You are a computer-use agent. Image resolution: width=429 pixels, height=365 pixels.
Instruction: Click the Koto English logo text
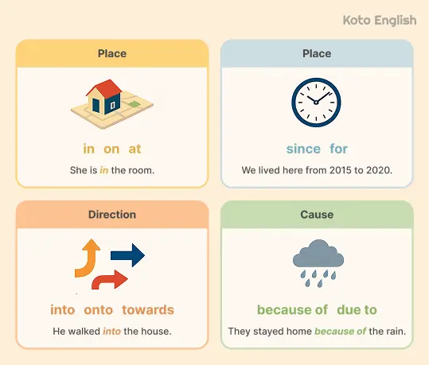[379, 20]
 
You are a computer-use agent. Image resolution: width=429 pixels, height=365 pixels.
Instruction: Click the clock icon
[317, 103]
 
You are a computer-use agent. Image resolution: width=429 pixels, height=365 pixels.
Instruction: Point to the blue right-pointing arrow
[127, 255]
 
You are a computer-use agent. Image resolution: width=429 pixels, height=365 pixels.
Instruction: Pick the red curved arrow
[110, 279]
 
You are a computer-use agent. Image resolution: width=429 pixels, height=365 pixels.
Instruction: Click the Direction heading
[111, 215]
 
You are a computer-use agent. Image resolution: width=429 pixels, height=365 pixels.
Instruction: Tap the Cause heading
[317, 215]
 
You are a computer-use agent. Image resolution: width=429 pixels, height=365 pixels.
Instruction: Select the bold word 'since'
[303, 149]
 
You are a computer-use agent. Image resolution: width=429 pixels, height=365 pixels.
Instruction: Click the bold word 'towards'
[149, 309]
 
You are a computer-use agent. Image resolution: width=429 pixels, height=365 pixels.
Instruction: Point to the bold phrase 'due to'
[357, 309]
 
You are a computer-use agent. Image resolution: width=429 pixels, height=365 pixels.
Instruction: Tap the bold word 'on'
[111, 149]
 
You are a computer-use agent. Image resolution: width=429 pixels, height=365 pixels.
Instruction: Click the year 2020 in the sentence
[377, 170]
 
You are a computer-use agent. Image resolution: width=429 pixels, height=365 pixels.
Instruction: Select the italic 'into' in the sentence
[111, 331]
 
